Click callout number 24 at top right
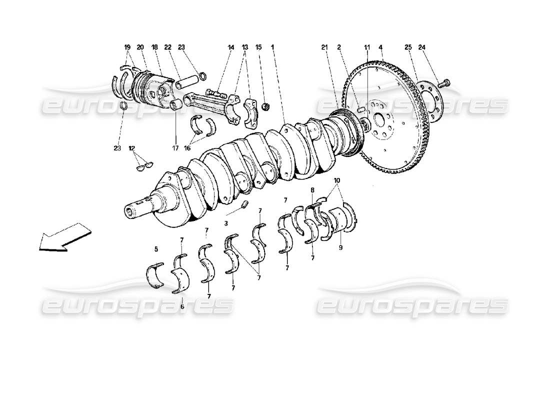[x=422, y=47]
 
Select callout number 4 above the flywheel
[x=381, y=47]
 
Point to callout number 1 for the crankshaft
[x=272, y=47]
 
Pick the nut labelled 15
[x=266, y=106]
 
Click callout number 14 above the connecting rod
[x=231, y=47]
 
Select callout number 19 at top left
[x=127, y=47]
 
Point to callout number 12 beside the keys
[x=132, y=148]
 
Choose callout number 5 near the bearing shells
[x=156, y=248]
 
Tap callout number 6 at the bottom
[x=182, y=306]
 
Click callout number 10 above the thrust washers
[x=336, y=179]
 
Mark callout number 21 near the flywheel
[x=324, y=47]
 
